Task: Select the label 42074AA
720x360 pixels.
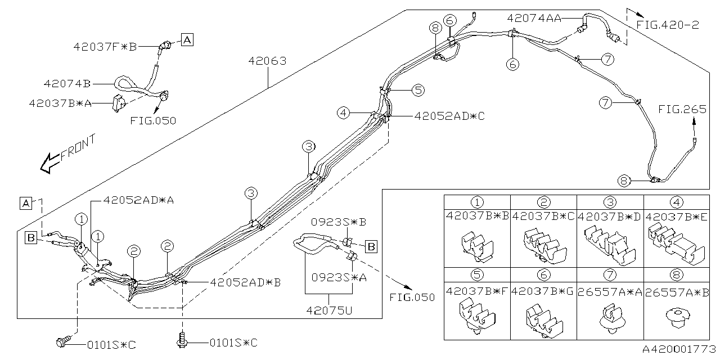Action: (x=534, y=18)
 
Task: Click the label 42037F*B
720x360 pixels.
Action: (x=105, y=47)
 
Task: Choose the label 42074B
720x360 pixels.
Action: (x=67, y=84)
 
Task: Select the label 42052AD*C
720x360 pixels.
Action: (x=449, y=116)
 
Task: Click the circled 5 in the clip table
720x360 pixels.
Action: (x=477, y=275)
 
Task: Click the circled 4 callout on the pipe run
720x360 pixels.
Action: (x=343, y=113)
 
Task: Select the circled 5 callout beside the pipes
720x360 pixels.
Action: (x=417, y=89)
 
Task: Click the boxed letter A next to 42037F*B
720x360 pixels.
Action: (x=187, y=39)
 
